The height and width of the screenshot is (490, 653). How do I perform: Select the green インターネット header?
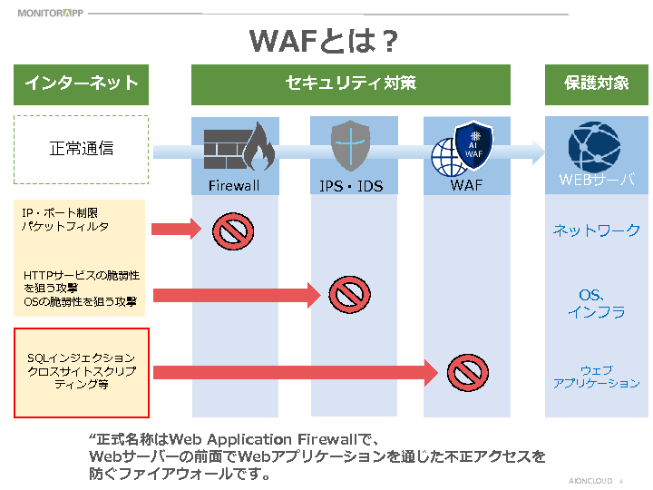click(x=81, y=83)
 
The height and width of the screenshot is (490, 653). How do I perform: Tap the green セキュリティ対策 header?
click(x=350, y=83)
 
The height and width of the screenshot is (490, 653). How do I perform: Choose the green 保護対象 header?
click(x=596, y=83)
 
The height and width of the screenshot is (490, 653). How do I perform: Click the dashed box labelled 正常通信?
click(x=81, y=149)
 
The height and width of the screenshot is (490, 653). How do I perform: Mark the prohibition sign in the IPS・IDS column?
click(x=349, y=293)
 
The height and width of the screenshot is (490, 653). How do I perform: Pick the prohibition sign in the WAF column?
click(x=468, y=372)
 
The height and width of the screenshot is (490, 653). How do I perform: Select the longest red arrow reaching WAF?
click(x=296, y=372)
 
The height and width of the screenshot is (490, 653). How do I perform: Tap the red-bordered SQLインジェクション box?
click(x=81, y=373)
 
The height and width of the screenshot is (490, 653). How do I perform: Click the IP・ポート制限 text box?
click(x=81, y=225)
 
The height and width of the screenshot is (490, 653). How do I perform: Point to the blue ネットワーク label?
click(x=596, y=230)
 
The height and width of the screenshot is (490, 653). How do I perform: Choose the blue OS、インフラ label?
click(x=596, y=303)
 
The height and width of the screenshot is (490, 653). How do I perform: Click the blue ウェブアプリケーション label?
click(x=596, y=377)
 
